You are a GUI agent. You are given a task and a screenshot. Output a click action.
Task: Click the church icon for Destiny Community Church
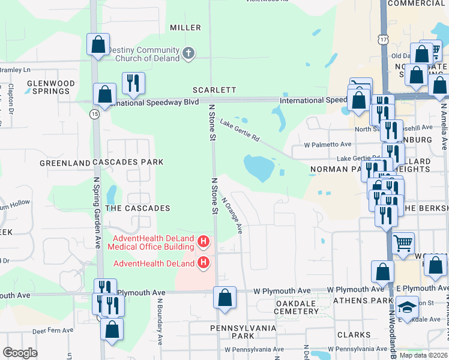coord(188,53)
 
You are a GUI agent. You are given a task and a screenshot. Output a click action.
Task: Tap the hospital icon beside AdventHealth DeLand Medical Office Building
coord(203,242)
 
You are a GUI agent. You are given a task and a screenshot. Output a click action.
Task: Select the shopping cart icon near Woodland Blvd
coord(404,243)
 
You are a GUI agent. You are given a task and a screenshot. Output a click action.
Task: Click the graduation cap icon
coord(408,307)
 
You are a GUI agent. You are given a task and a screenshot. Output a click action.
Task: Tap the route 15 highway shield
coord(95,113)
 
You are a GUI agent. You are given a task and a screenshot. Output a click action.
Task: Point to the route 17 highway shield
coord(384,39)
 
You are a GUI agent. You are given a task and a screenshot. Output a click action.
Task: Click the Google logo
coord(20,353)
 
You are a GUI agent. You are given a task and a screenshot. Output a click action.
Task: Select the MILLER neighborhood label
coord(185,28)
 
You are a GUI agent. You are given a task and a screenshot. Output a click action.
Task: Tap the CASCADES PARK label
coord(135,163)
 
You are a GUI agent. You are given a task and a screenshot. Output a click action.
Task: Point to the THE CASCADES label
coord(137,208)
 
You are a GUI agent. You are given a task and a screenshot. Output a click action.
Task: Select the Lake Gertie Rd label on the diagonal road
coord(240,130)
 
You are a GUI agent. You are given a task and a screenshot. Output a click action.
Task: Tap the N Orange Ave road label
coord(232,216)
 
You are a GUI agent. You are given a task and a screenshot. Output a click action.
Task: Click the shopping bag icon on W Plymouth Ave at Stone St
coord(224,298)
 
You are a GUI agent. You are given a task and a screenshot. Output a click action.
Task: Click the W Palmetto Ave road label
coord(327,145)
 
